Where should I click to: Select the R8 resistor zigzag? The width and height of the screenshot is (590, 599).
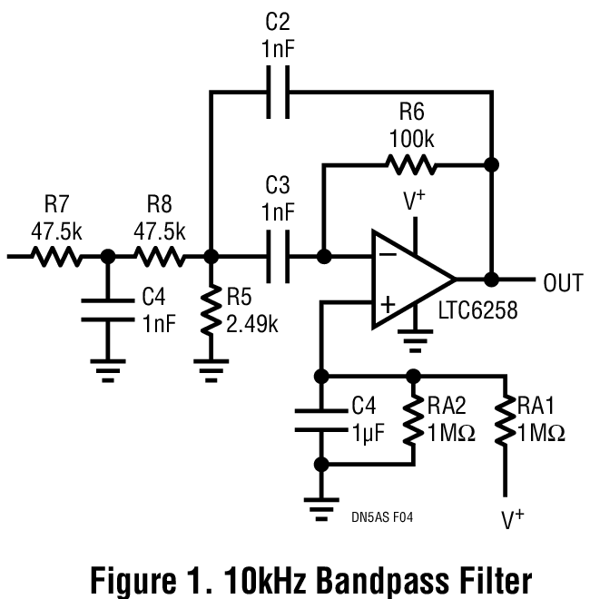[160, 257]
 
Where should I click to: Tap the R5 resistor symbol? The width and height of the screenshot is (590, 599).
[211, 309]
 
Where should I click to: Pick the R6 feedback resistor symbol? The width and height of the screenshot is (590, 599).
[411, 165]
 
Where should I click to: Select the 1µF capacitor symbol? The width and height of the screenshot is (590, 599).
[320, 419]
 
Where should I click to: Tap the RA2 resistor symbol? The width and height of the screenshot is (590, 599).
[413, 418]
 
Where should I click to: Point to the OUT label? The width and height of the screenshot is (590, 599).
[563, 283]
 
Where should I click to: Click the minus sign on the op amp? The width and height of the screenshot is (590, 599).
[387, 257]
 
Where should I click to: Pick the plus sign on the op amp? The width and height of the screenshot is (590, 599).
[387, 306]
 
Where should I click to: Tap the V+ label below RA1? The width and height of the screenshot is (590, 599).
[513, 519]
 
